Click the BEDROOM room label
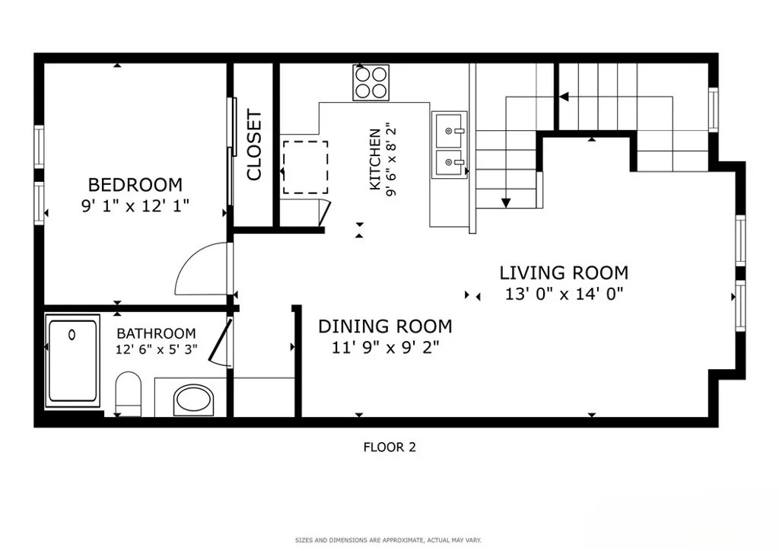point(135,185)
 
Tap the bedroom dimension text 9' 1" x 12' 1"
point(135,205)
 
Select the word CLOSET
point(254,145)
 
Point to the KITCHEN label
point(375,159)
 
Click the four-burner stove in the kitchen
point(371,82)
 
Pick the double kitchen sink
point(450,145)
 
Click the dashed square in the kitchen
point(305,167)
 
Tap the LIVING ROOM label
point(564,272)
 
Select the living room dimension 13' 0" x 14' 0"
point(564,294)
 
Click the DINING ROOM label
point(385,326)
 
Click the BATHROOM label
point(156,333)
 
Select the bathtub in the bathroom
point(73,361)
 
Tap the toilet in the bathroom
point(129,393)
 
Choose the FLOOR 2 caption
point(389,447)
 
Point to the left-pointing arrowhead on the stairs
point(564,97)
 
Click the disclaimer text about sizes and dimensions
point(389,540)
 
